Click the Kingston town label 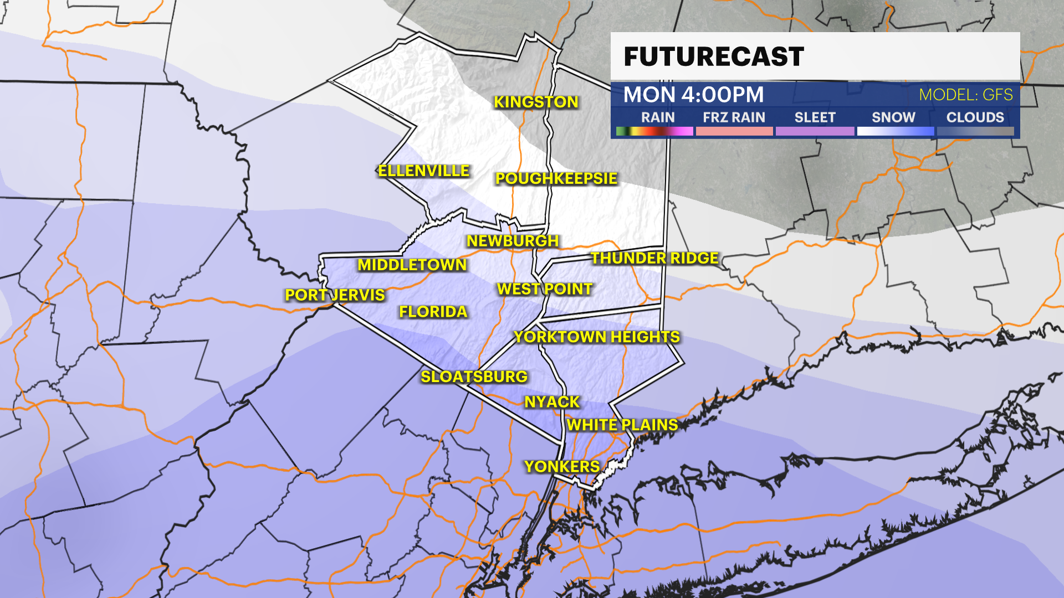[536, 102]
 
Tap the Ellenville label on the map [423, 171]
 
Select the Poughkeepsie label [556, 178]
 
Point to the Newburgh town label [513, 241]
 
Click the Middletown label [412, 265]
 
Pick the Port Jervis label [335, 295]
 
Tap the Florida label [433, 312]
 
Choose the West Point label [545, 288]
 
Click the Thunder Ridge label [654, 258]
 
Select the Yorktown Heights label [597, 337]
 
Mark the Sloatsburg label [474, 377]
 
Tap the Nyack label [552, 402]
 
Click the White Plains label [622, 425]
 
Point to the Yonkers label [562, 466]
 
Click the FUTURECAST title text [714, 56]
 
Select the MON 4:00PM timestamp [693, 95]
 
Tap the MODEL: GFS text [965, 95]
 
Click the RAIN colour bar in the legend [654, 131]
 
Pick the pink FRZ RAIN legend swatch [734, 131]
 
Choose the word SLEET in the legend [815, 117]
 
